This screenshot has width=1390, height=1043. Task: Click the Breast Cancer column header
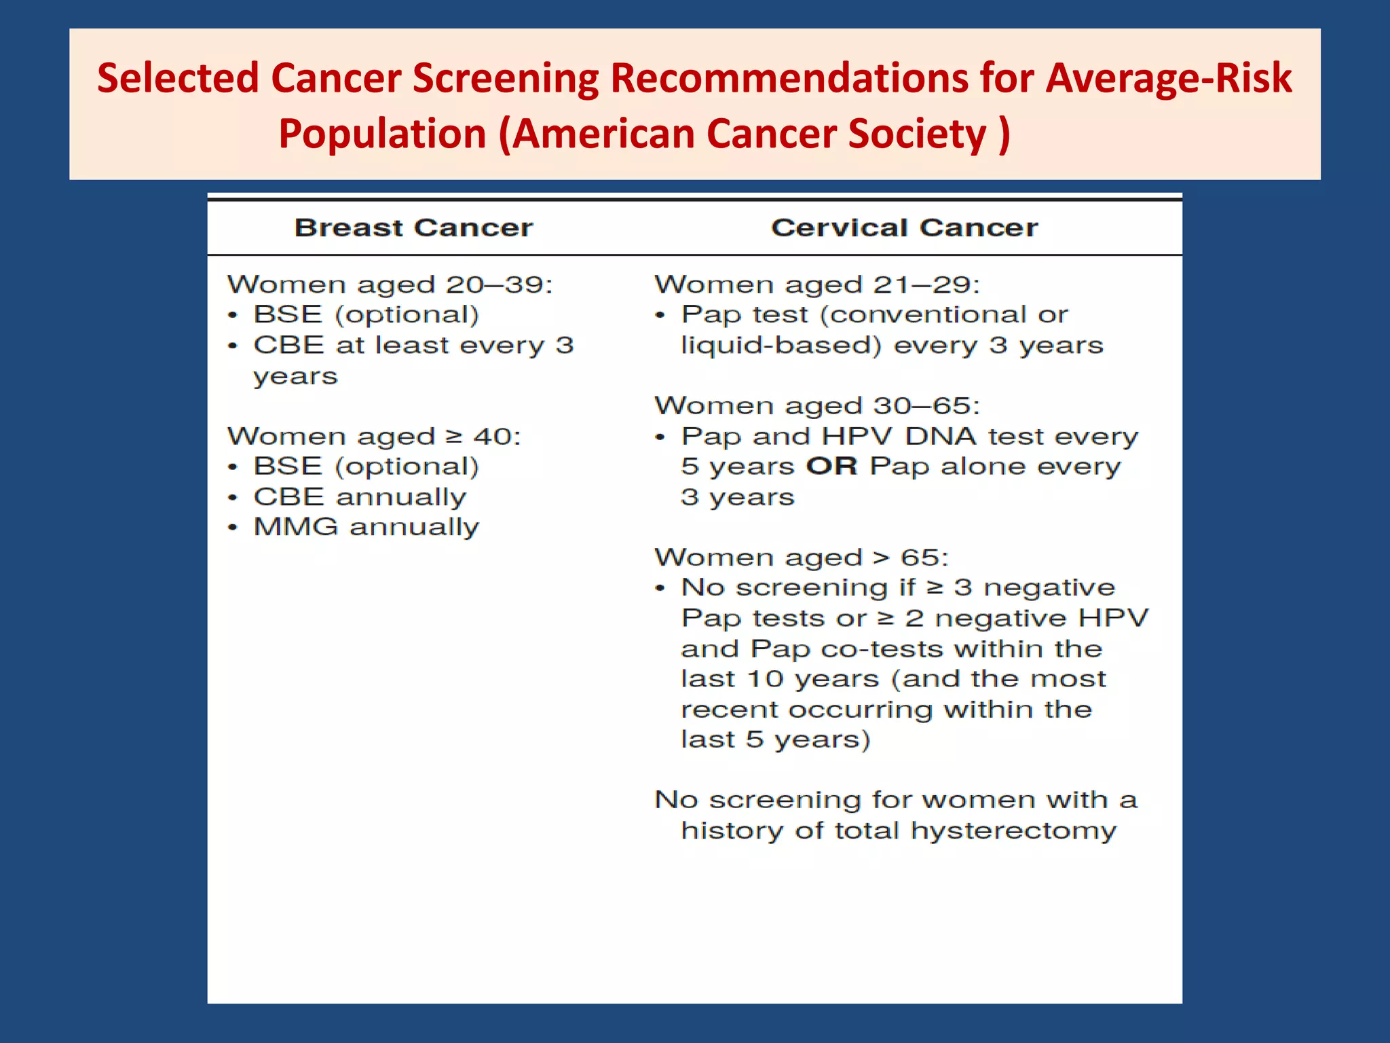coord(413,228)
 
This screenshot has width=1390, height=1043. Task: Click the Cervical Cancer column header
coord(904,228)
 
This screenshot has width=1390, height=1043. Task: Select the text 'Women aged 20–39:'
coord(390,285)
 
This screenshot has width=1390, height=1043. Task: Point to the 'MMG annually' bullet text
coord(366,528)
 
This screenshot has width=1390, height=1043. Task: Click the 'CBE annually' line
coord(360,497)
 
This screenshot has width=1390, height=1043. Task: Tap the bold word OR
coord(831,466)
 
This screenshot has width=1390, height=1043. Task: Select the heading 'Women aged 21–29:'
coord(817,285)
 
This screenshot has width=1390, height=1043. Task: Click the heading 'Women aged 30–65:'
coord(817,406)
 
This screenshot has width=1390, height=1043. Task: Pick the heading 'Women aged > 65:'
coord(801,558)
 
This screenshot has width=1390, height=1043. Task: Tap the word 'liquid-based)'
coord(781,346)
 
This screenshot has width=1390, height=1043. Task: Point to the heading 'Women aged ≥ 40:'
coord(374,437)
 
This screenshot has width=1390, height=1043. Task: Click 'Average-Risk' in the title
coord(1168,78)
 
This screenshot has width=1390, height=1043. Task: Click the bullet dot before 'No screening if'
coord(660,588)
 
